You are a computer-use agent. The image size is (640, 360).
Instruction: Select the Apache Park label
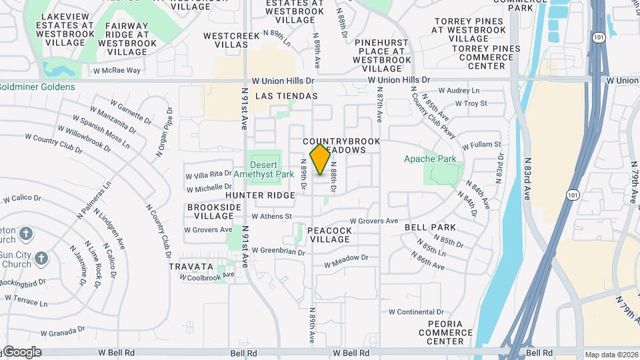tap(430, 159)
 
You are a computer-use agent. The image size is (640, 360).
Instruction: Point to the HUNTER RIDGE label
tap(260, 195)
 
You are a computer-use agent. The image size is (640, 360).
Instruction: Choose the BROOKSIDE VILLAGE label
tap(214, 212)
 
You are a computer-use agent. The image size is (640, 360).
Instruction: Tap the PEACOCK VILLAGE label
tap(329, 234)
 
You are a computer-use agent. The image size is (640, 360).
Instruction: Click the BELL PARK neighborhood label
tap(430, 227)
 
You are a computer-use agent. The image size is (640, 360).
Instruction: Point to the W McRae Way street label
tap(117, 70)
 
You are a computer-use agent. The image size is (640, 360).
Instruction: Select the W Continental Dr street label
tap(415, 311)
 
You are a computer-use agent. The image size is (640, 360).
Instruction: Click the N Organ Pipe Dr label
tap(165, 132)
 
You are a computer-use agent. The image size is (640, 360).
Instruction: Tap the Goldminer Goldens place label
tap(37, 87)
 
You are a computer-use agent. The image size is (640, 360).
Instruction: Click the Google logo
tap(22, 352)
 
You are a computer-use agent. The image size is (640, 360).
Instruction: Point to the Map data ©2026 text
tap(611, 355)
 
